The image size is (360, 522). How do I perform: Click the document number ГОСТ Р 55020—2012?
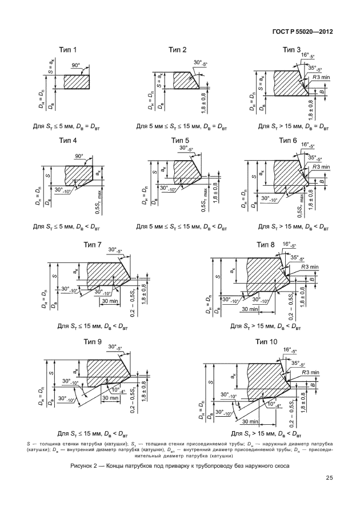pyautogui.click(x=302, y=31)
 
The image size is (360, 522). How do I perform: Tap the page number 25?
pyautogui.click(x=329, y=478)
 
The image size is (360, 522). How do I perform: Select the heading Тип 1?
pyautogui.click(x=68, y=50)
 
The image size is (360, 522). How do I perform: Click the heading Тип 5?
pyautogui.click(x=180, y=141)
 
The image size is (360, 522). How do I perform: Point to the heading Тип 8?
pyautogui.click(x=266, y=245)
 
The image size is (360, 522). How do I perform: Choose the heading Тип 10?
pyautogui.click(x=266, y=342)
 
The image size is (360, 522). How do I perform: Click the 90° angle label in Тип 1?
pyautogui.click(x=76, y=65)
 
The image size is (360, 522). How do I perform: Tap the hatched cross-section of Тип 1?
pyautogui.click(x=77, y=82)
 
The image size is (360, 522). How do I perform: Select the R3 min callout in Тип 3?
pyautogui.click(x=321, y=77)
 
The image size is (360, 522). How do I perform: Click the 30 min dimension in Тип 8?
pyautogui.click(x=250, y=309)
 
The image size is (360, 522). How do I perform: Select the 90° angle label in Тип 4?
pyautogui.click(x=79, y=156)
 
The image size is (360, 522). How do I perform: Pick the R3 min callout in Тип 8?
pyautogui.click(x=310, y=267)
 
